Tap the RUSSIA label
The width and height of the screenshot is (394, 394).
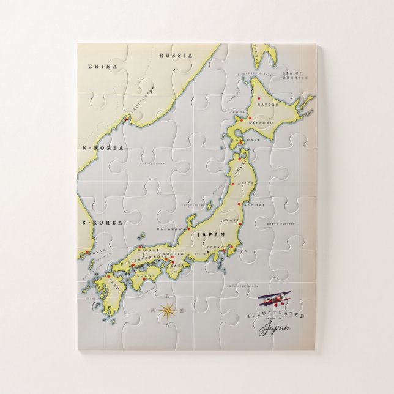(176, 55)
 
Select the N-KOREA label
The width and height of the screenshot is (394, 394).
(103, 148)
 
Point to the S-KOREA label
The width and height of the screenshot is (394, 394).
(102, 222)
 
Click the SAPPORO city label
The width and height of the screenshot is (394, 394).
(259, 122)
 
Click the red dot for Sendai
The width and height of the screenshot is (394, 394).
(240, 205)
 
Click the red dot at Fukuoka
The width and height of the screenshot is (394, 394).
(108, 276)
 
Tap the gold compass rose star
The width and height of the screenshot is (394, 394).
(166, 310)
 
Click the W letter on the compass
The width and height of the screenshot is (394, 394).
(153, 310)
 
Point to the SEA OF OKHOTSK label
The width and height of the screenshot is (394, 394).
(293, 75)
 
